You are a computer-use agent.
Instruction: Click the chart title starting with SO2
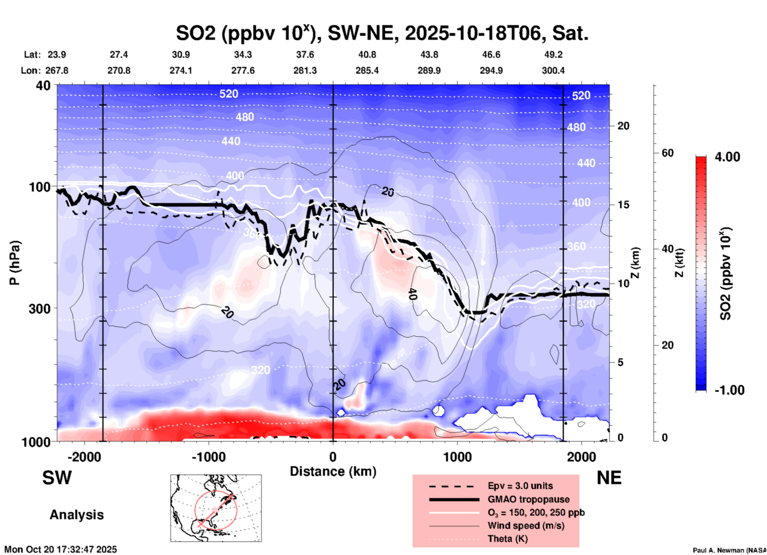tap(382, 33)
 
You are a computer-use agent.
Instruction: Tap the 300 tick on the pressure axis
tap(39, 309)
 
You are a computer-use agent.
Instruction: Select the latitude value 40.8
tap(367, 55)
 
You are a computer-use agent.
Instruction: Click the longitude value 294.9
tap(491, 70)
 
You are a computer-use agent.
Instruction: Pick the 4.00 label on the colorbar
tap(727, 157)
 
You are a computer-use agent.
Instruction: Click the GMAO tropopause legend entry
tap(528, 499)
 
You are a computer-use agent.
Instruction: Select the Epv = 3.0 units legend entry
tap(520, 486)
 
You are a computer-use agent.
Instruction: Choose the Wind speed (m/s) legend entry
tap(526, 526)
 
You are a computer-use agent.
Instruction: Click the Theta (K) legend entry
tap(507, 539)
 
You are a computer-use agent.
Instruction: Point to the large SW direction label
tap(57, 478)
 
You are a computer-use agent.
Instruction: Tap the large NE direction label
tap(609, 478)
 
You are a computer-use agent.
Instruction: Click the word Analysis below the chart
tap(76, 515)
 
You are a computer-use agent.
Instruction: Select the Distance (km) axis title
tap(333, 471)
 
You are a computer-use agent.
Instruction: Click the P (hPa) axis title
tap(15, 263)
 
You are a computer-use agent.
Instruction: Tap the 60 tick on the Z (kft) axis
tap(667, 153)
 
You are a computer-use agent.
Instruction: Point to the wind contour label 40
tap(413, 294)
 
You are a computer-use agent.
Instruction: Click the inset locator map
tap(216, 508)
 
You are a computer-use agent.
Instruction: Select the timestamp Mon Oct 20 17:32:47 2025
tap(61, 549)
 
